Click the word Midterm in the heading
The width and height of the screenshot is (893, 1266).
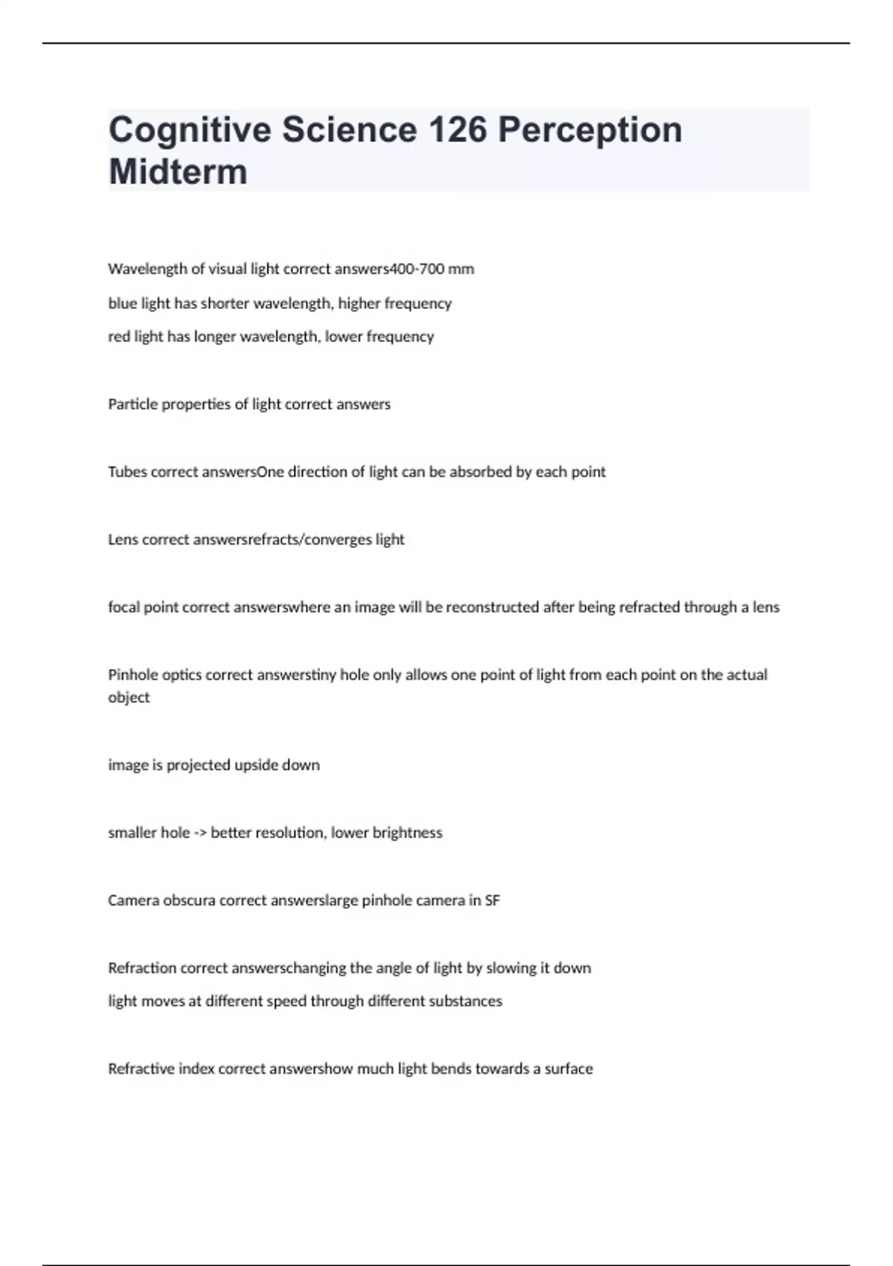178,172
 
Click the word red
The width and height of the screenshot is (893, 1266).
119,337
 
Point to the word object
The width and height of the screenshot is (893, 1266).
129,698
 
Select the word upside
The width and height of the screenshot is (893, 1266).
257,765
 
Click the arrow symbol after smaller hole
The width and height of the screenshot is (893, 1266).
200,833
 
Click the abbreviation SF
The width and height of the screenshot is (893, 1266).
492,900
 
